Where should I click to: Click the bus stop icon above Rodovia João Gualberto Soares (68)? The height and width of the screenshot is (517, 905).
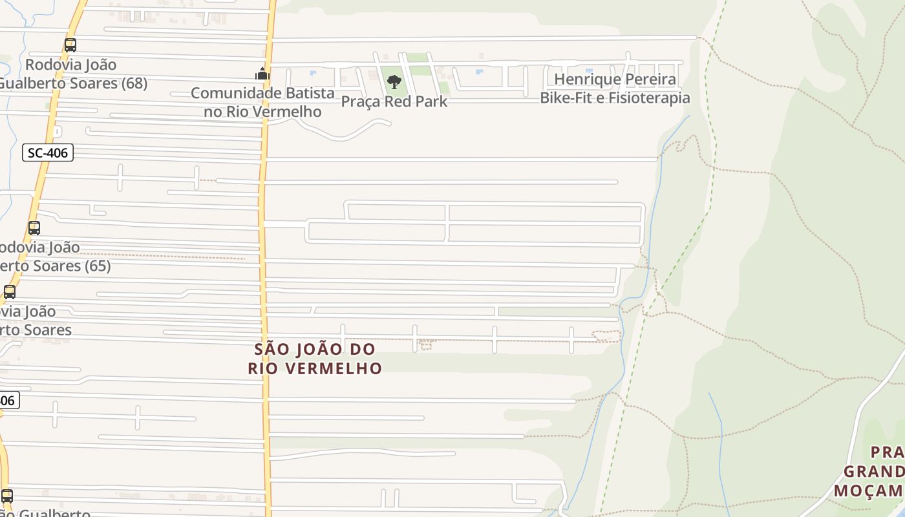click(x=70, y=45)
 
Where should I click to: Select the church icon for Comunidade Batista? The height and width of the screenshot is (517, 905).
click(x=262, y=74)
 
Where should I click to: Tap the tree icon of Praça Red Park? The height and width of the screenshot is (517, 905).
click(x=394, y=82)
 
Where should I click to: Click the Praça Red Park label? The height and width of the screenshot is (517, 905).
click(x=394, y=101)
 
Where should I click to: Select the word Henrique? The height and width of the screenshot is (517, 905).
click(x=584, y=79)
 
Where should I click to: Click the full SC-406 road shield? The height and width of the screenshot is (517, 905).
click(x=48, y=153)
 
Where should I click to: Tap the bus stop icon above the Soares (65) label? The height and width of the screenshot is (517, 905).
click(x=34, y=228)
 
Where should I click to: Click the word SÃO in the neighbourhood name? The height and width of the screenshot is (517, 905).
click(x=270, y=350)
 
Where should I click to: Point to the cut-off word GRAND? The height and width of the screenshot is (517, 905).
click(x=873, y=470)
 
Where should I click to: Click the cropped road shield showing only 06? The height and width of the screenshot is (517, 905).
click(x=6, y=401)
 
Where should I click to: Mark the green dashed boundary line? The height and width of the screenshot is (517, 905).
click(x=679, y=258)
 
